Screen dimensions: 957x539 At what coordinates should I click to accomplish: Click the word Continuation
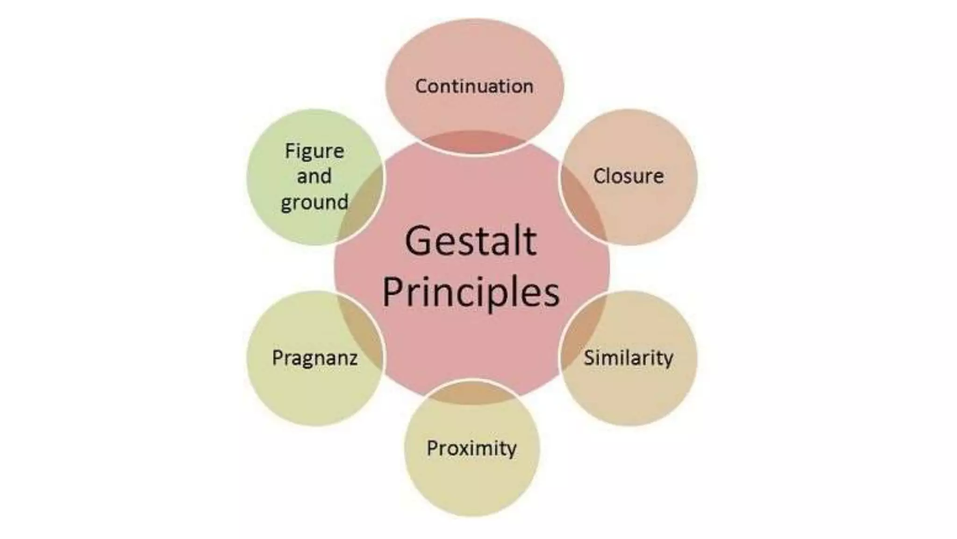coord(474,86)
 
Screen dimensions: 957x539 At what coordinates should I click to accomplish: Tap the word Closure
coord(628,176)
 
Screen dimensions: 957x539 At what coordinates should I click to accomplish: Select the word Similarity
coord(628,358)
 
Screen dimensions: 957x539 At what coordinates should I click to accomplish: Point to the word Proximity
coord(471,448)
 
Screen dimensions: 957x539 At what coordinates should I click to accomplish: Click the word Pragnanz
coord(314,358)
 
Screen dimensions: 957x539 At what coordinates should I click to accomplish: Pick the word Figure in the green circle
coord(314,151)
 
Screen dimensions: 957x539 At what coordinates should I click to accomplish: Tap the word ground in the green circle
coord(314,203)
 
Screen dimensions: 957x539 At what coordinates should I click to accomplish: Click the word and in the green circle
coord(314,176)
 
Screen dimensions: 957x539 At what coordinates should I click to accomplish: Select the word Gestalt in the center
coord(471,241)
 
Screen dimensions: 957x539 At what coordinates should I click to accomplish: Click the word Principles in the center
coord(471,292)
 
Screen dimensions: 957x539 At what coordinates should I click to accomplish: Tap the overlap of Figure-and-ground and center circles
coord(362,201)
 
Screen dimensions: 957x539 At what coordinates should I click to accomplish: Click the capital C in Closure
coord(600,176)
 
